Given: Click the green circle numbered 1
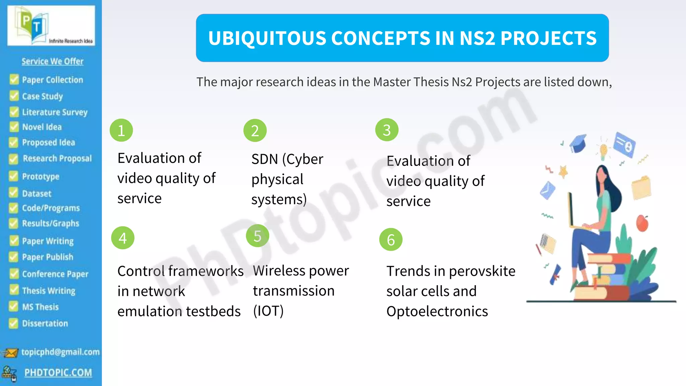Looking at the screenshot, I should coord(121,130).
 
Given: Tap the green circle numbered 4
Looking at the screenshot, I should coord(123,238).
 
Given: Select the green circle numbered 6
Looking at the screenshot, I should coord(391,240).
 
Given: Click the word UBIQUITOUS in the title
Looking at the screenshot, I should coord(267,38).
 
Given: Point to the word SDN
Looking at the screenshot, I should coord(265,159).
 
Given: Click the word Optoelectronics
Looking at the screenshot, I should coord(437,312).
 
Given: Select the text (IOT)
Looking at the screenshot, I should coord(268,311).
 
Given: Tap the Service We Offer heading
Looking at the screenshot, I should coord(53,61).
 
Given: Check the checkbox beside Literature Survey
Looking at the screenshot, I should coord(14,112).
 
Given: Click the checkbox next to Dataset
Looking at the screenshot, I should coord(14,193).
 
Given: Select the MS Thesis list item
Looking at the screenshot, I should coord(40,307).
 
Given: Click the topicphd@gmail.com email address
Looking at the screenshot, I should coord(60,352).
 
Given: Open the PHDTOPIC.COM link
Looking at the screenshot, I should coord(58,373).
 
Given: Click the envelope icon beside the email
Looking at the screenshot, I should coord(10,353).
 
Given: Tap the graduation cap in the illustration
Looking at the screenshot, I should coord(578,143).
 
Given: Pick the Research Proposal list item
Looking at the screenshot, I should coord(57,158).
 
